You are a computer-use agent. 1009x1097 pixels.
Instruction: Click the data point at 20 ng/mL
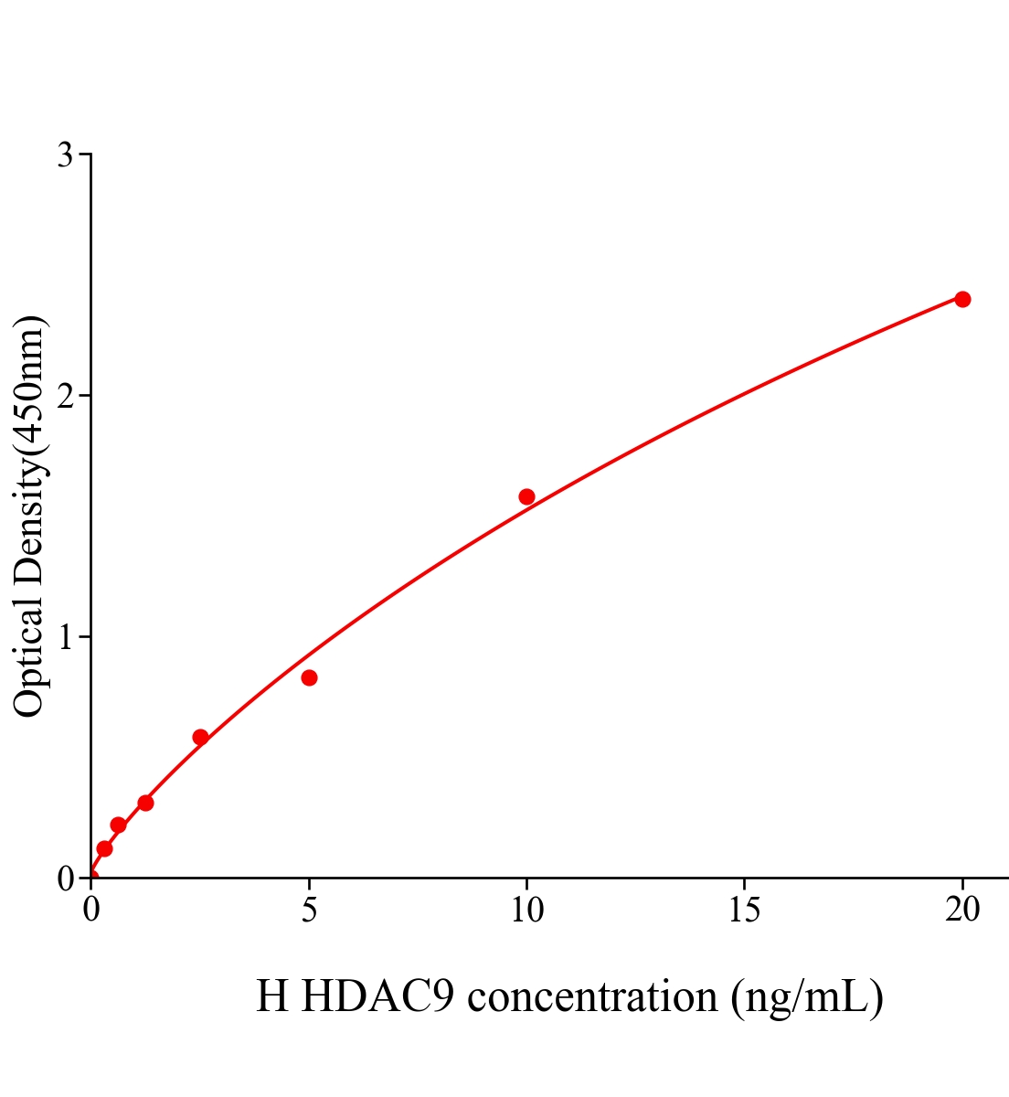coord(962,299)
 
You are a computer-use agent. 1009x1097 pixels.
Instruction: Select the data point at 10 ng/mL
coord(526,496)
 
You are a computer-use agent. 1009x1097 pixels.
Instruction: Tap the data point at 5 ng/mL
coord(309,677)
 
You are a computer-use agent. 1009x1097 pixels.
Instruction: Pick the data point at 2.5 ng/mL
coord(200,737)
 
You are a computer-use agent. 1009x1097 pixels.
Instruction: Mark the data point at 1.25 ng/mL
coord(145,803)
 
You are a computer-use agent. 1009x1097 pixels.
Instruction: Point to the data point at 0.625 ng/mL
coord(118,825)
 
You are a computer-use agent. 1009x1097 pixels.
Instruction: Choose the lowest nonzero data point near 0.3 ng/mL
coord(104,848)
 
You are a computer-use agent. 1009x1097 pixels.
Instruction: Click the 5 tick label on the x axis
coord(309,911)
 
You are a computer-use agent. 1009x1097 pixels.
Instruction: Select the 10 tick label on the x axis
coord(526,911)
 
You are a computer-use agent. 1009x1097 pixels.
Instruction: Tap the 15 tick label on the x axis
coord(745,911)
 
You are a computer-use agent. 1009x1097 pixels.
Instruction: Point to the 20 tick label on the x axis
coord(962,911)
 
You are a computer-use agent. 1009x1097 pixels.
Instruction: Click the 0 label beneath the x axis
coord(91,911)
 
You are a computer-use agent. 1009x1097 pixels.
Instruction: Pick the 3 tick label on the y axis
coord(65,155)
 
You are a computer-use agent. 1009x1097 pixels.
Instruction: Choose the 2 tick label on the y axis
coord(65,396)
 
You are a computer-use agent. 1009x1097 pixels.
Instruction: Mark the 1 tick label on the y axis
coord(65,637)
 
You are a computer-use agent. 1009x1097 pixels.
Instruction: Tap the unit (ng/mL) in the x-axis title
coord(806,996)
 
